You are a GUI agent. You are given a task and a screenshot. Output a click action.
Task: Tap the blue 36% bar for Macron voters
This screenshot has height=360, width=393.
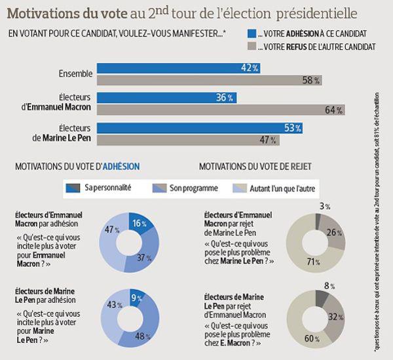point(167,97)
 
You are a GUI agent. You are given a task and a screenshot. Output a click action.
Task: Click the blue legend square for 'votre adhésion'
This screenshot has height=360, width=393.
point(251,32)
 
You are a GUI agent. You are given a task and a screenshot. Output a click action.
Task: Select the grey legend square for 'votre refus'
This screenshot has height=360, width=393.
point(251,46)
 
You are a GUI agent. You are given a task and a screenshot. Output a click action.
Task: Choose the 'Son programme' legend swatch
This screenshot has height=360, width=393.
point(159,188)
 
